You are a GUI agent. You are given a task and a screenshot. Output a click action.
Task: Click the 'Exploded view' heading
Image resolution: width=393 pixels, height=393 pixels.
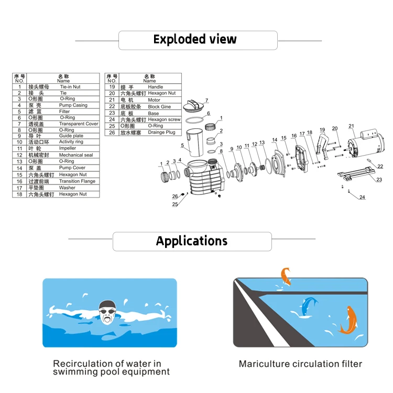(x=195, y=39)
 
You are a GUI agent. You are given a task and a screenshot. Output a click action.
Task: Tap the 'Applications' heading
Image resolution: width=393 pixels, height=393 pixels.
(x=192, y=241)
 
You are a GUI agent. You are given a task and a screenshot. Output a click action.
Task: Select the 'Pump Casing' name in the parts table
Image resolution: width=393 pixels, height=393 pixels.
(x=73, y=105)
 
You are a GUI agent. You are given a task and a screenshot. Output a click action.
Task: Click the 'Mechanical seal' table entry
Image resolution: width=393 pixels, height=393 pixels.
(x=76, y=155)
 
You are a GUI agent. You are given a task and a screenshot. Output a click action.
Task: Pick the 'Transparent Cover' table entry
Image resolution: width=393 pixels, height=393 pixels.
(x=79, y=124)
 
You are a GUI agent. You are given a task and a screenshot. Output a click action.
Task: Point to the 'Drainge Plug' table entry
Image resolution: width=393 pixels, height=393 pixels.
(x=162, y=133)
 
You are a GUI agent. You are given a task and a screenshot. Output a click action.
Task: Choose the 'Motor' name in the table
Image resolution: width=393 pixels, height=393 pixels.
(x=154, y=100)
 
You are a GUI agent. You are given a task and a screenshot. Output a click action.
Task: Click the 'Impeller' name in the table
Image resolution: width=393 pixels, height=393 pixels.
(x=68, y=148)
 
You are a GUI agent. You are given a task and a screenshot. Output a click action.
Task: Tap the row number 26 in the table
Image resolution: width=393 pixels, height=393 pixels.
(x=112, y=133)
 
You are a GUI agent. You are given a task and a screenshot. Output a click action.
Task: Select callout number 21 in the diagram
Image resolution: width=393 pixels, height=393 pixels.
(x=352, y=126)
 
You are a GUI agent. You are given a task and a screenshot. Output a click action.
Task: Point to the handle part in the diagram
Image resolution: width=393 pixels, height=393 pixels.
(x=323, y=147)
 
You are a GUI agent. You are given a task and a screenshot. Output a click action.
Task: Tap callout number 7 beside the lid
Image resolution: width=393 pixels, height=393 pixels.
(x=207, y=100)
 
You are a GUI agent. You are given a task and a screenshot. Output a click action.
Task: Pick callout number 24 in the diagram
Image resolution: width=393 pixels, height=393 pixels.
(x=362, y=197)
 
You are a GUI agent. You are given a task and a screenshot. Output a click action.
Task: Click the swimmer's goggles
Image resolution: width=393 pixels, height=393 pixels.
(x=107, y=311)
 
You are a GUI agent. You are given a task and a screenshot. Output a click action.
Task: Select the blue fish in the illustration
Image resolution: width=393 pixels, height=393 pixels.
(x=308, y=307)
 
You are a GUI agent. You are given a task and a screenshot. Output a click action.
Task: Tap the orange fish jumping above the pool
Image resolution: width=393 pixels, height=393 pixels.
(x=286, y=276)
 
